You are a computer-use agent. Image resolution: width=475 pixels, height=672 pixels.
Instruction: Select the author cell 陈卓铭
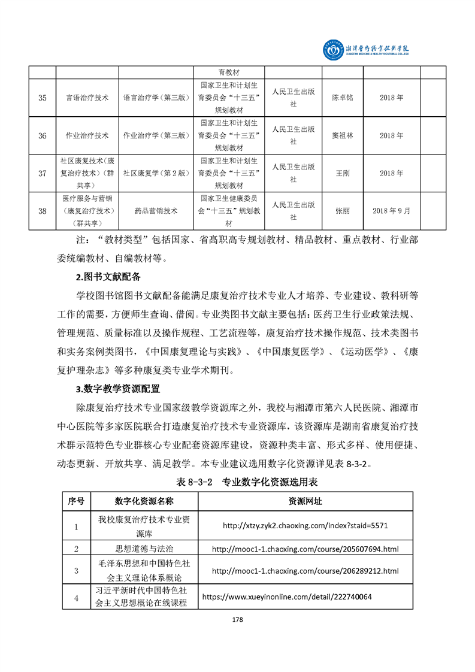click(x=343, y=98)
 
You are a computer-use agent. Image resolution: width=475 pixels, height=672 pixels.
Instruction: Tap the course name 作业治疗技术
click(x=87, y=135)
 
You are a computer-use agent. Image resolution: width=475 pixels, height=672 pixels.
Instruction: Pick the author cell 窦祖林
click(x=343, y=135)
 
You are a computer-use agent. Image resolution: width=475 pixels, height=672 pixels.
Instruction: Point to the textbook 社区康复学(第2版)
click(x=156, y=173)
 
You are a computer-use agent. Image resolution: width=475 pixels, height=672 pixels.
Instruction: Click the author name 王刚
click(x=343, y=173)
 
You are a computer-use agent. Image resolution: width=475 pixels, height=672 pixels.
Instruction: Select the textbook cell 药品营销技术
click(x=156, y=211)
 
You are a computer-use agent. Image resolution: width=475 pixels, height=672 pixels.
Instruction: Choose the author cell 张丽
click(x=343, y=211)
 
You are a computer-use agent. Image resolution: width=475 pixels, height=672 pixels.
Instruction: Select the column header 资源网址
click(x=305, y=501)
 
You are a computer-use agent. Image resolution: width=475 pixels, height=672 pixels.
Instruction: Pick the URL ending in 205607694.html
click(x=305, y=549)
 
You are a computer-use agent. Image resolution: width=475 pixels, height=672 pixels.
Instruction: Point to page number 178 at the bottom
click(x=237, y=619)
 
